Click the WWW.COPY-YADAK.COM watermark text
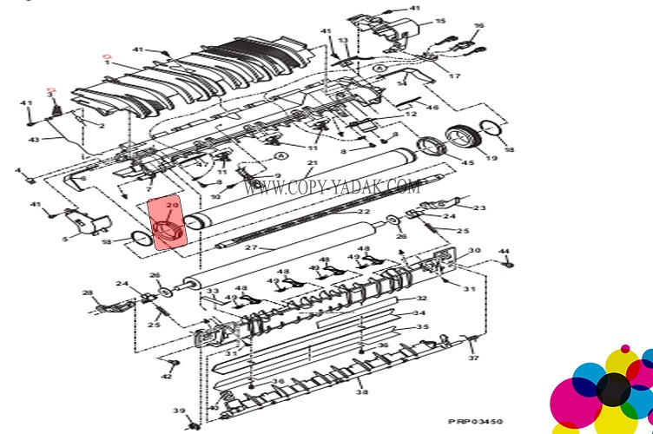(332, 187)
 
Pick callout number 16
(478, 26)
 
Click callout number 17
(454, 76)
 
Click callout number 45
(467, 161)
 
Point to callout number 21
(312, 163)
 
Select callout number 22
(364, 213)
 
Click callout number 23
(479, 207)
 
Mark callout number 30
(473, 251)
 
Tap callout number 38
(361, 392)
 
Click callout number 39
(177, 411)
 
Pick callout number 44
(505, 252)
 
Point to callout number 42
(167, 375)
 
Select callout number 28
(87, 293)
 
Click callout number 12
(411, 115)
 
